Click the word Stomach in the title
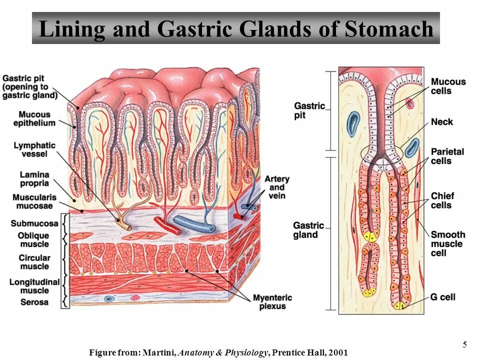pos(388,29)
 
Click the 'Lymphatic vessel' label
pos(34,149)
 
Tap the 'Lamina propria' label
pos(34,178)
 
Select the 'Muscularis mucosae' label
pos(34,201)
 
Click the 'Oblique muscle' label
pos(34,239)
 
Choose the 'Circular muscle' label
pos(34,262)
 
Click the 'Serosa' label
pos(34,302)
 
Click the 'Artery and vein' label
pos(276,187)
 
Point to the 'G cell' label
pos(442,297)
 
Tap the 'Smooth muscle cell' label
pos(447,243)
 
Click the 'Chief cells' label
pos(441,200)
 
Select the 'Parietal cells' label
pos(447,156)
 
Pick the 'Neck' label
pos(441,121)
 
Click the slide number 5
pos(464,344)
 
